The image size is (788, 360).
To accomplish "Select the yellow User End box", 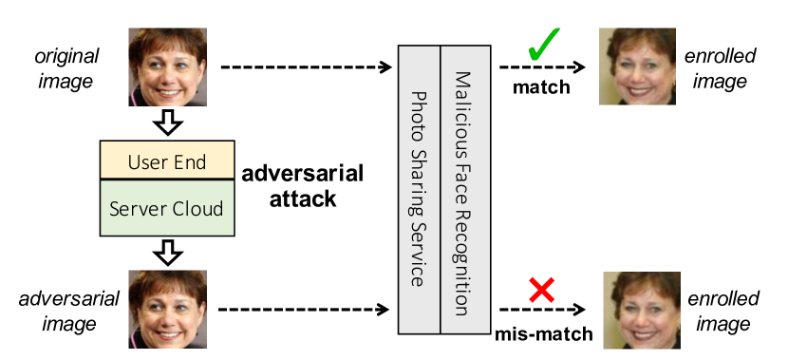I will pyautogui.click(x=166, y=162).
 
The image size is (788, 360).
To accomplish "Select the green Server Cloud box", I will pyautogui.click(x=166, y=207).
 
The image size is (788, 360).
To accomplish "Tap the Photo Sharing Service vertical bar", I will pyautogui.click(x=419, y=189).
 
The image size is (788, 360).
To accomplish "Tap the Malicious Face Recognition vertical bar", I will pyautogui.click(x=462, y=189).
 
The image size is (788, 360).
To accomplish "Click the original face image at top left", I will pyautogui.click(x=167, y=66).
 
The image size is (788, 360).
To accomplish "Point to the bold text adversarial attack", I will pyautogui.click(x=302, y=187).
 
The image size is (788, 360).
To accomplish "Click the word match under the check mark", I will pyautogui.click(x=541, y=88).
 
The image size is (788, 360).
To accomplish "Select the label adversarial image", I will pyautogui.click(x=69, y=311).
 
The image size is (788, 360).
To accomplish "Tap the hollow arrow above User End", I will pyautogui.click(x=167, y=123).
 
